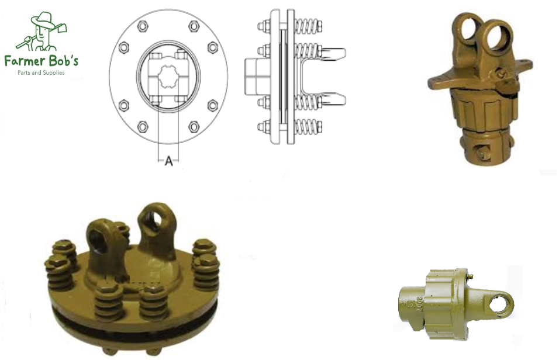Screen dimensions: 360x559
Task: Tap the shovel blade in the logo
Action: pyautogui.click(x=60, y=27)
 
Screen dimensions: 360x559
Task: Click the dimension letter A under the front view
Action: pyautogui.click(x=168, y=162)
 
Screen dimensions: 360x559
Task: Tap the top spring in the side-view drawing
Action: pyautogui.click(x=308, y=26)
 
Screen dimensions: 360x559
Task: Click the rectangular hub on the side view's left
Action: pyautogui.click(x=256, y=76)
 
